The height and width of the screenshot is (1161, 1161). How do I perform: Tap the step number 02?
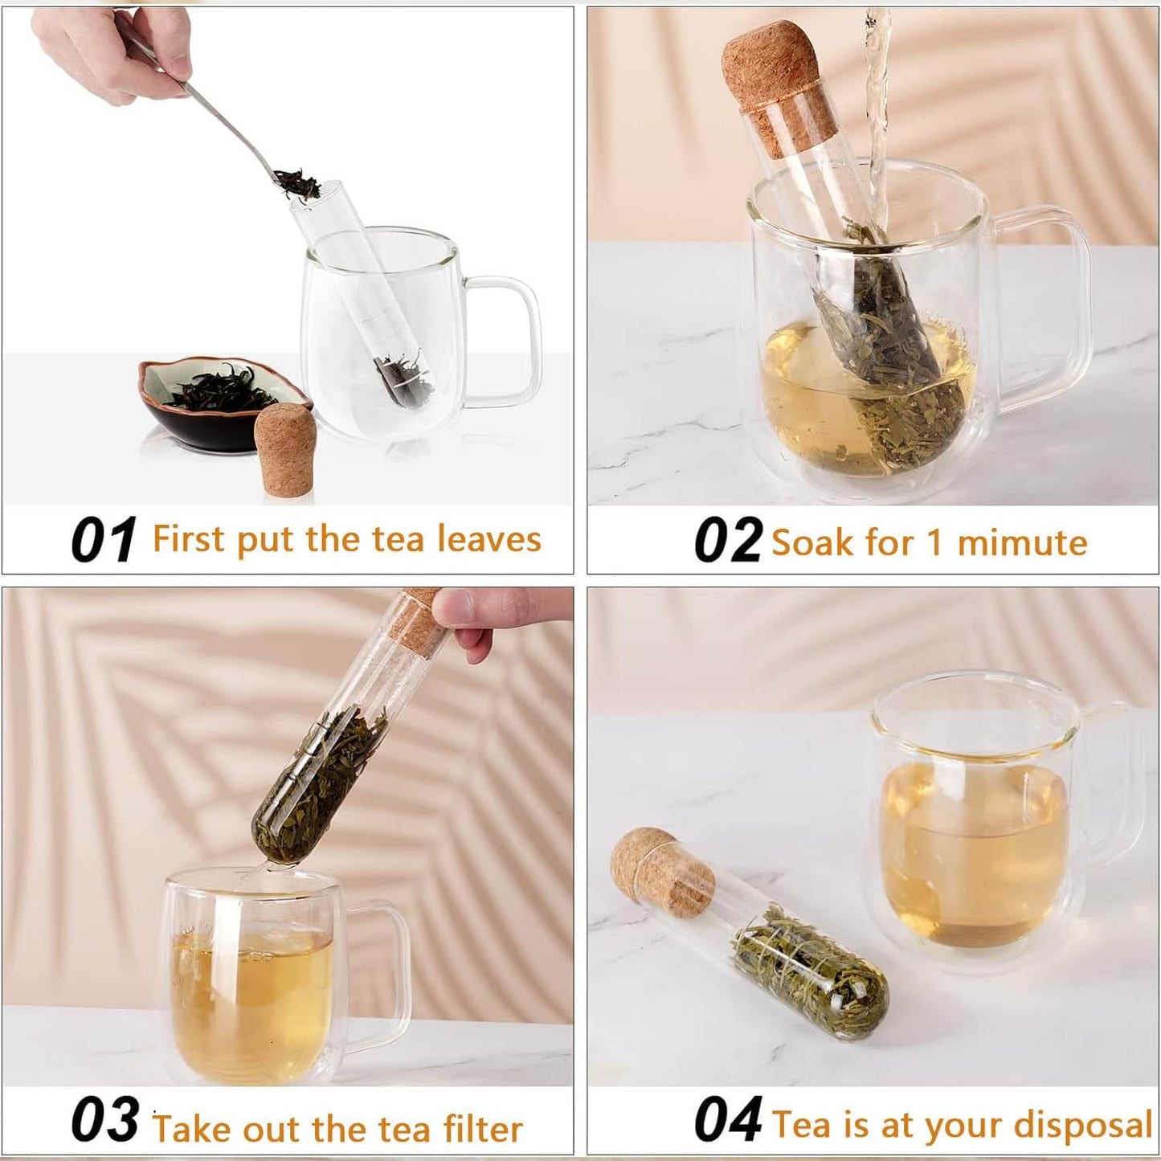[727, 540]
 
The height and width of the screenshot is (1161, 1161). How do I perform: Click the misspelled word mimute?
[1022, 543]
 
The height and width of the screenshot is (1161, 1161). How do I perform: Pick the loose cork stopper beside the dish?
[283, 452]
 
